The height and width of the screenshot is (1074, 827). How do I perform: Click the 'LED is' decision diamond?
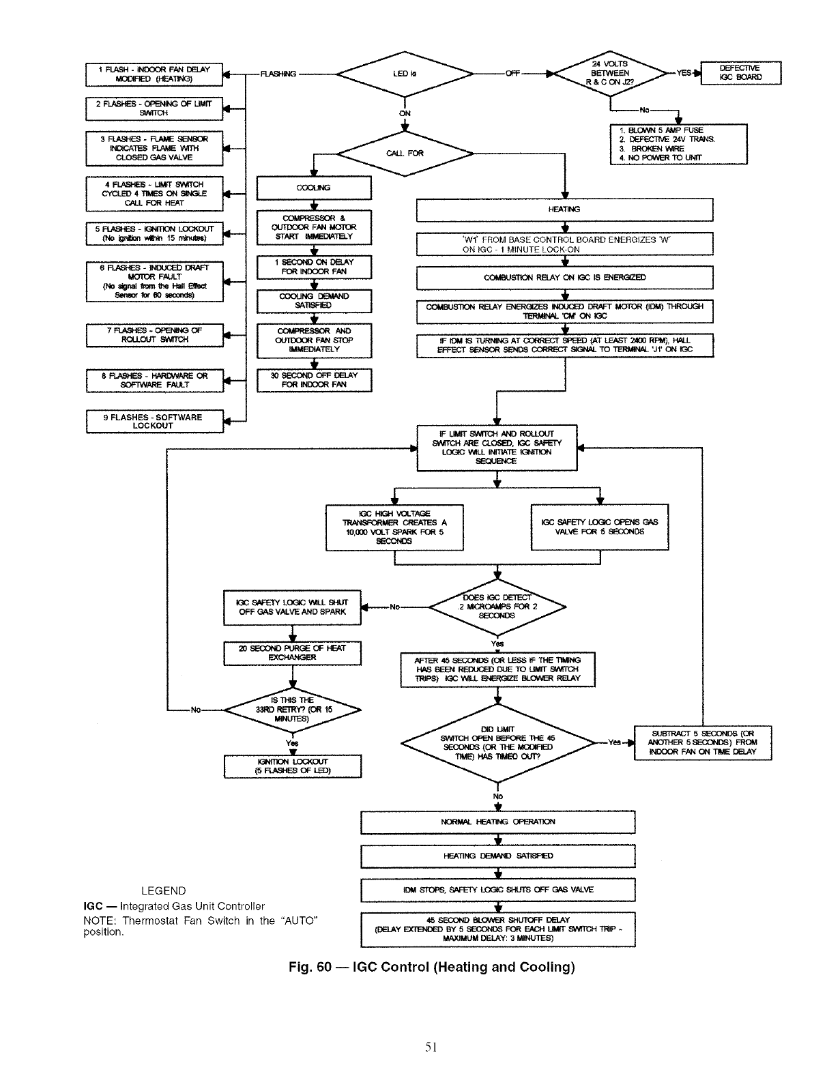tap(405, 74)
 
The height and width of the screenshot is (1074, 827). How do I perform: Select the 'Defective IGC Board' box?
tap(740, 72)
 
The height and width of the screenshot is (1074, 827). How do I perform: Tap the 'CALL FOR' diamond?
tap(405, 154)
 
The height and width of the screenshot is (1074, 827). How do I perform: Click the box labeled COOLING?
tap(313, 188)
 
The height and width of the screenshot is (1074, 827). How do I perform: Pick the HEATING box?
tap(564, 209)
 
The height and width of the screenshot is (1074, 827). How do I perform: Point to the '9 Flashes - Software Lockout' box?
tap(154, 422)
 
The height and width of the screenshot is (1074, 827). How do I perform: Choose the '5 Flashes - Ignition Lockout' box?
tap(154, 233)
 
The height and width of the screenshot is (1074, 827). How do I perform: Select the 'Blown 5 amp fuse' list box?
tap(678, 144)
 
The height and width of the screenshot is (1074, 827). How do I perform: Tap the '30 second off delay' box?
tap(313, 380)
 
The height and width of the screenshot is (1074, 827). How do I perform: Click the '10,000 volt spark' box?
tap(394, 527)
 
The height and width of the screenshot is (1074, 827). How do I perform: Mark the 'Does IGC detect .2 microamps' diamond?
tap(497, 606)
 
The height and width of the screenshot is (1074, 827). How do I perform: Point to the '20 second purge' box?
tap(292, 653)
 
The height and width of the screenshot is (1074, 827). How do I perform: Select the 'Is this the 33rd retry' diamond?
tap(292, 710)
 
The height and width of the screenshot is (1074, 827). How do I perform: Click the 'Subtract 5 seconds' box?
tap(702, 742)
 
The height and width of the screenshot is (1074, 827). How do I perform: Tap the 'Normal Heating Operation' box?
tap(497, 822)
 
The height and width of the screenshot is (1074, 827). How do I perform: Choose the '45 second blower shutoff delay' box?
tap(497, 929)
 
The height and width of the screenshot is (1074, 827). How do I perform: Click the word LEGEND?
tap(163, 890)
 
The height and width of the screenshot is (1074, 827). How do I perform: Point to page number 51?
tap(430, 1047)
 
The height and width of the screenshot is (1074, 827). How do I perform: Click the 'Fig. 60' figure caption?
tap(430, 967)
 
